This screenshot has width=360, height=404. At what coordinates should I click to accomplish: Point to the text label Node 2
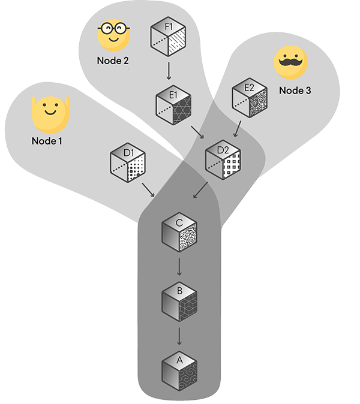[113, 61]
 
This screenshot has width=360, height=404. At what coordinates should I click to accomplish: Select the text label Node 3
[296, 91]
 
